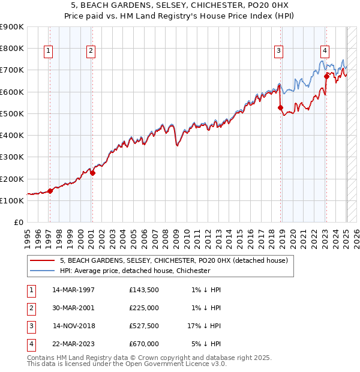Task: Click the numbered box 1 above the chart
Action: coord(48,51)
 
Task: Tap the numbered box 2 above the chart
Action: coord(90,51)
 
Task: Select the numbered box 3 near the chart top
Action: coord(279,51)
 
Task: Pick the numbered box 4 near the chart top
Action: coord(324,51)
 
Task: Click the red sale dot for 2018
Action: coord(280,108)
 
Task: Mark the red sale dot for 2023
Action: coord(326,76)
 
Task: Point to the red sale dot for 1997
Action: coord(50,191)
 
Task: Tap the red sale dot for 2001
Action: coord(92,173)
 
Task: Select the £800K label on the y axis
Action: coord(12,48)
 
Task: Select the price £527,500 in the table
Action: coord(144,326)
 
